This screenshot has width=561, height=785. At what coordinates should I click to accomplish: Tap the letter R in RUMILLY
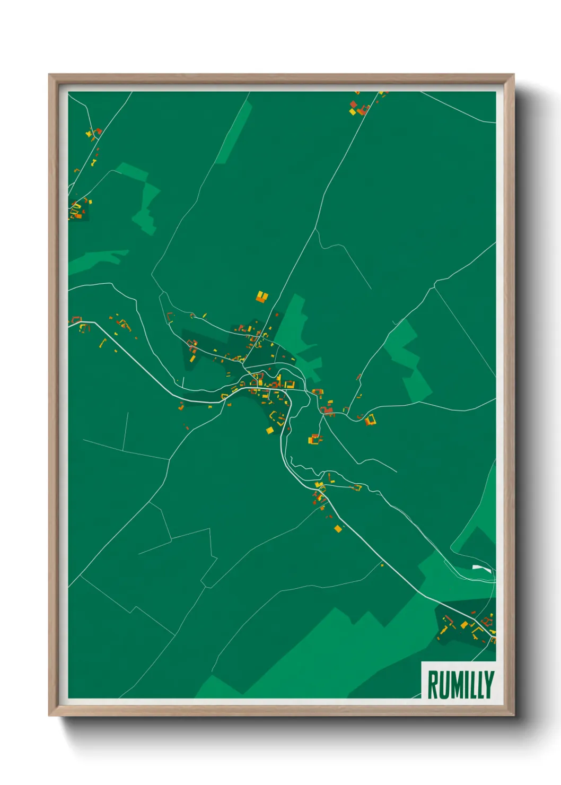[433, 685]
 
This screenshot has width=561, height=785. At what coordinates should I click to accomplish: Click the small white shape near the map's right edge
[482, 569]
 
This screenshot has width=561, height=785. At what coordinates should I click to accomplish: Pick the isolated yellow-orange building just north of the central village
[262, 296]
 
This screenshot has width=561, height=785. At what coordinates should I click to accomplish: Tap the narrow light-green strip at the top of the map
[234, 133]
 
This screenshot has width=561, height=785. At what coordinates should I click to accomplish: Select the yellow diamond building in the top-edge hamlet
[353, 111]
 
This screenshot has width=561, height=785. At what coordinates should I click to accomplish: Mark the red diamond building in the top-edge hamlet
[364, 110]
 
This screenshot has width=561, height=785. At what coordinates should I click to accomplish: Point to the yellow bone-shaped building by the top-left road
[94, 162]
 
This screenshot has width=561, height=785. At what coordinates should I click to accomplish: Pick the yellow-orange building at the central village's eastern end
[370, 420]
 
